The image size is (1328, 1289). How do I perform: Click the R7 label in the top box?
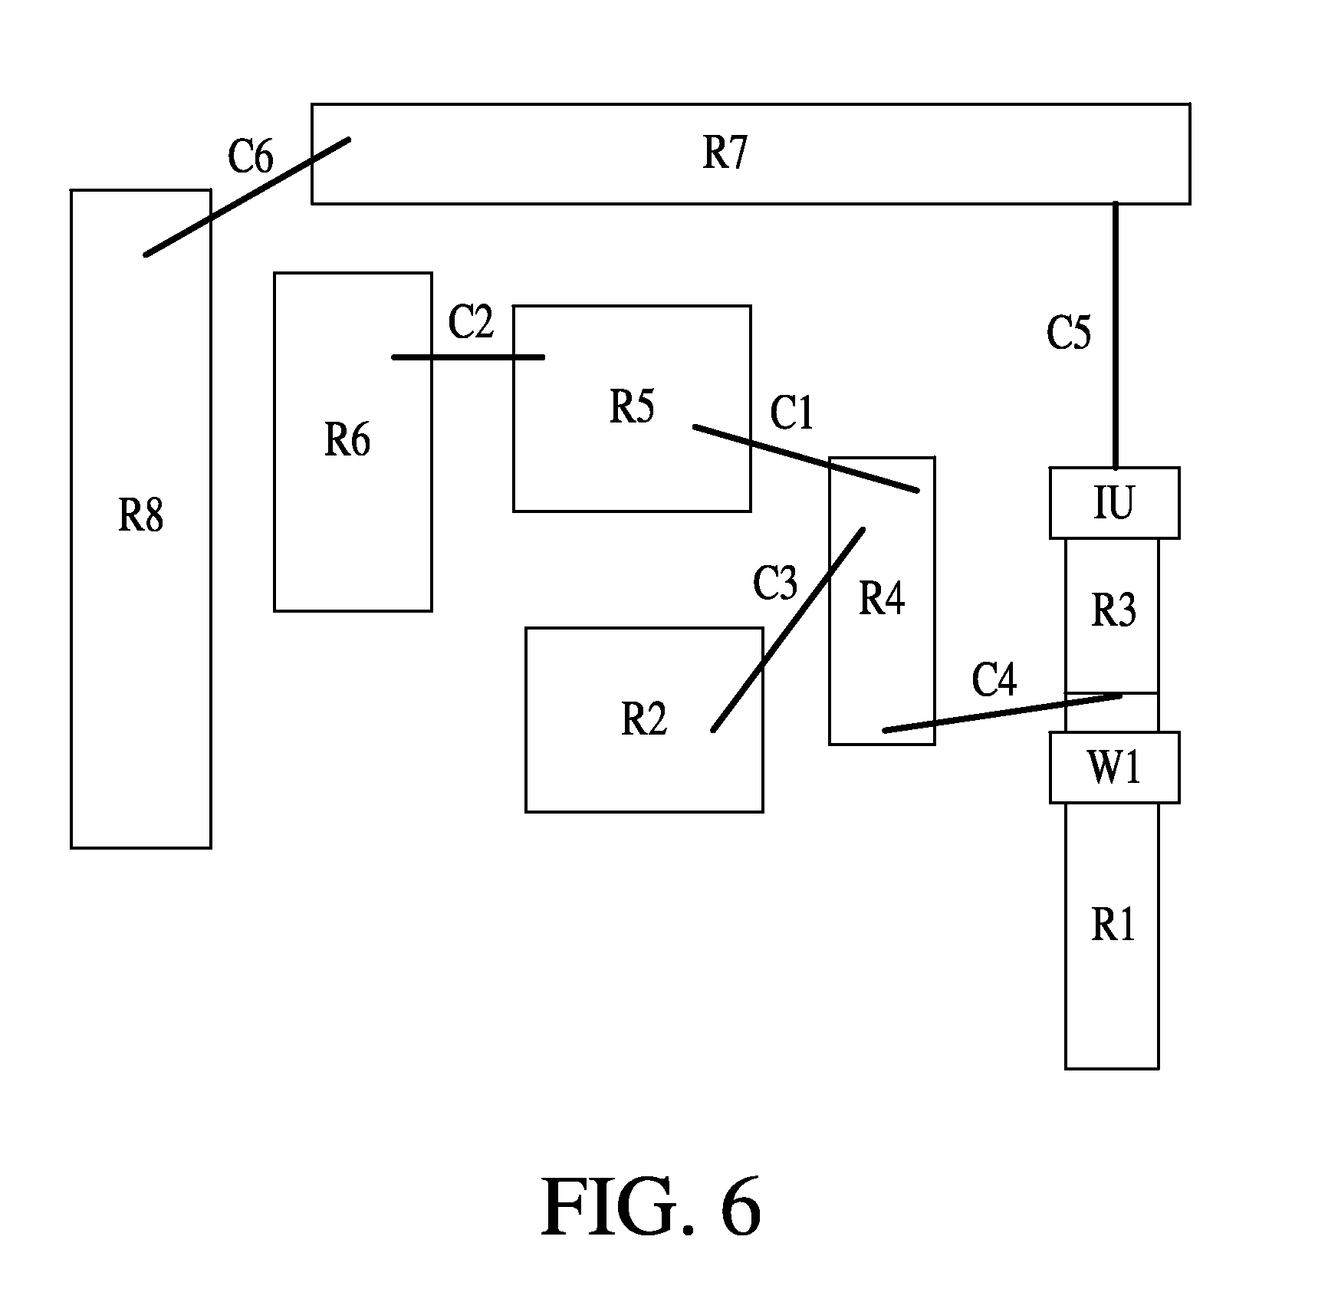(725, 152)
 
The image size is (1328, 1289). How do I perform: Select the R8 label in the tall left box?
(140, 515)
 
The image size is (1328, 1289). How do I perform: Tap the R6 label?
(347, 441)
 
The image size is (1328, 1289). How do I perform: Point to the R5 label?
(632, 406)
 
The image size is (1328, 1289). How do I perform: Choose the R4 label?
(882, 598)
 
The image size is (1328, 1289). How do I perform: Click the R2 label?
(644, 719)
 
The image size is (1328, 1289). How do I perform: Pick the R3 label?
(1113, 610)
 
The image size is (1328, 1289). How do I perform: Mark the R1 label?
(1113, 926)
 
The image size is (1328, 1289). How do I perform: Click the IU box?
(1114, 503)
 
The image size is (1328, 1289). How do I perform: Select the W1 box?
(1114, 768)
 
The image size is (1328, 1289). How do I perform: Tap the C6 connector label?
(251, 156)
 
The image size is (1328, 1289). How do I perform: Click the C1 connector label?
(791, 413)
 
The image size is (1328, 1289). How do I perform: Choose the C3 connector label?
(775, 584)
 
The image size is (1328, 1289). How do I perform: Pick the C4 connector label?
(994, 679)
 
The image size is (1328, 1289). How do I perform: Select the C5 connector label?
(1069, 333)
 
